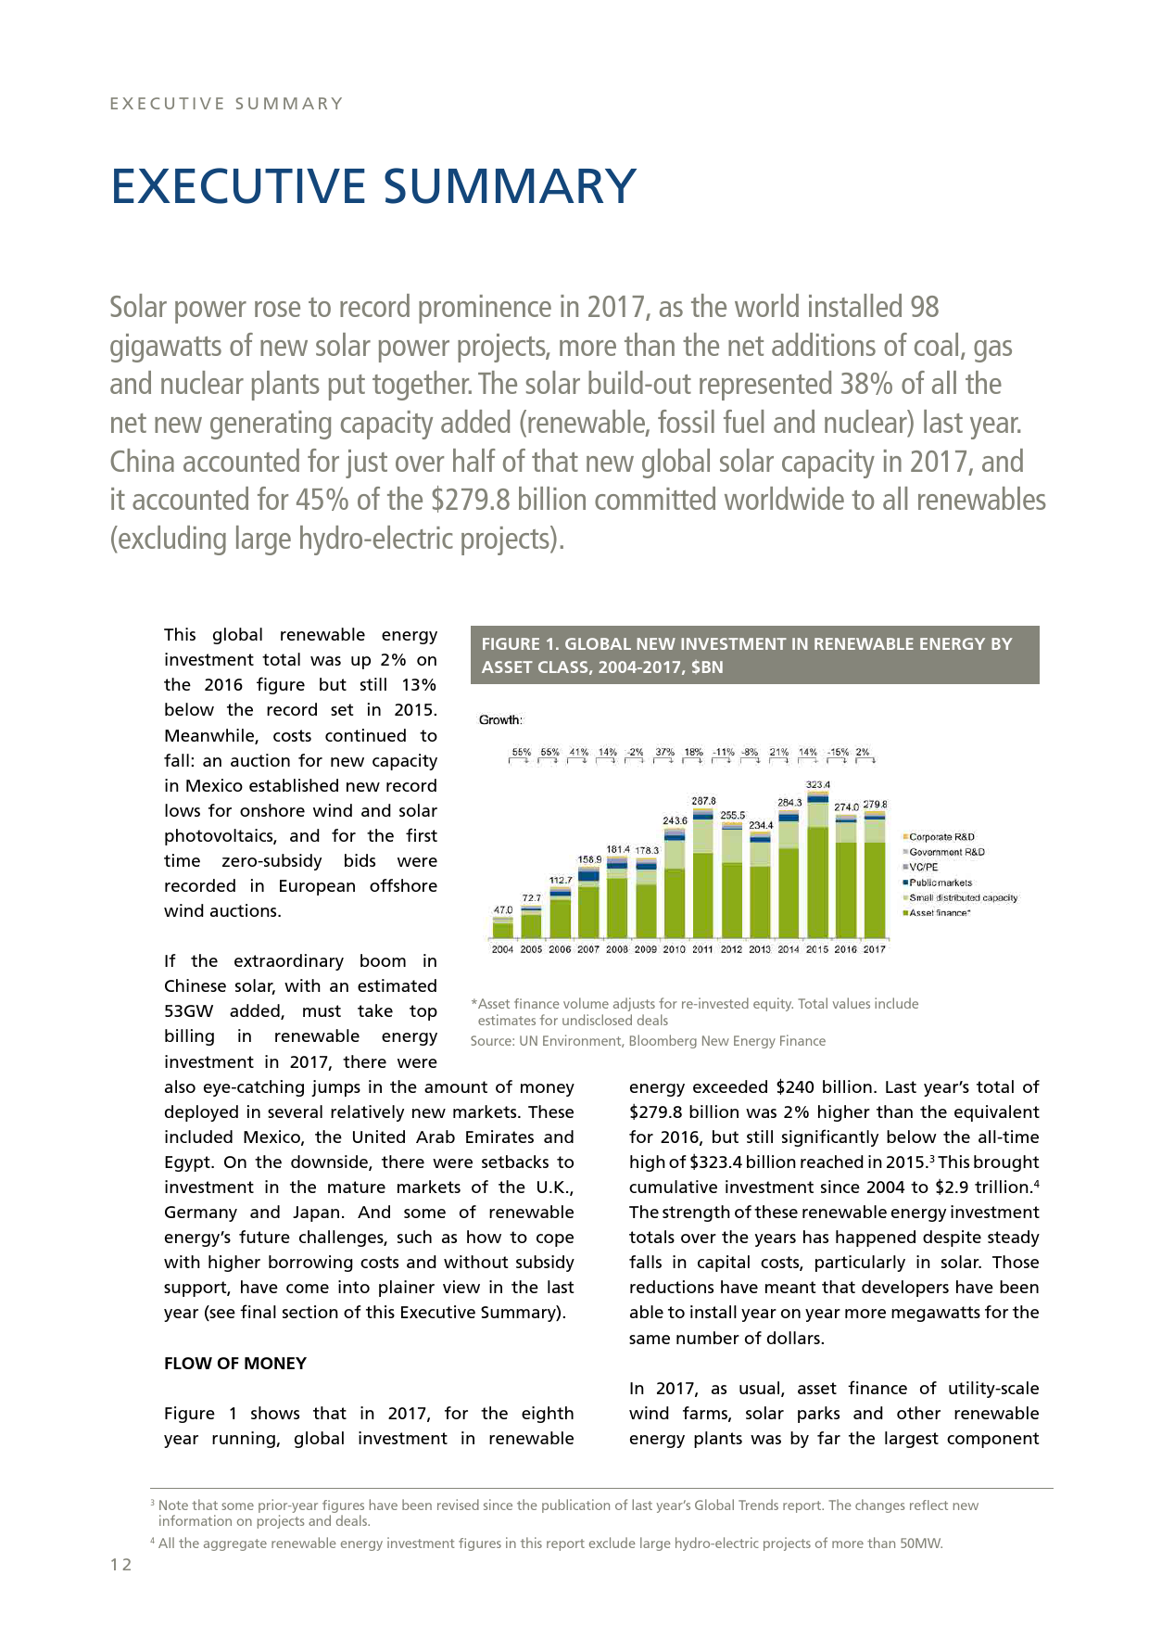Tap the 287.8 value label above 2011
[x=702, y=801]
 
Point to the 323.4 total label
[x=817, y=785]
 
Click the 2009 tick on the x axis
[x=646, y=949]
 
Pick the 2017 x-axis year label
[x=874, y=949]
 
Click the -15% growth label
[x=839, y=753]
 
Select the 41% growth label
[x=579, y=753]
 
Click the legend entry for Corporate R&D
[x=941, y=837]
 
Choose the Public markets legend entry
[x=941, y=883]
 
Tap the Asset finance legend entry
[x=940, y=913]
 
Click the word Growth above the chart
[x=500, y=720]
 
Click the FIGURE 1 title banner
[x=754, y=655]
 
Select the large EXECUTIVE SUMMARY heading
[x=373, y=186]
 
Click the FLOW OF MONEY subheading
[x=235, y=1364]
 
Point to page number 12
[x=121, y=1566]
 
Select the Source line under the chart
[x=648, y=1041]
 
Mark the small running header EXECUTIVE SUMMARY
[x=227, y=104]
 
